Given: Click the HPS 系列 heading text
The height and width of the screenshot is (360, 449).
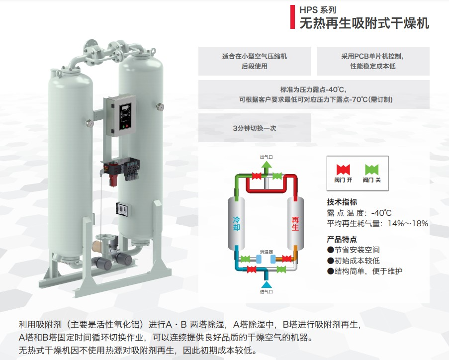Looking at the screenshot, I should [317, 9].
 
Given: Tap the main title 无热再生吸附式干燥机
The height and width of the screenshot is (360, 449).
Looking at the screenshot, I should [364, 23].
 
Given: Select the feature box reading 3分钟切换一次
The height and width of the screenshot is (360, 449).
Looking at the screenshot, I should [254, 128].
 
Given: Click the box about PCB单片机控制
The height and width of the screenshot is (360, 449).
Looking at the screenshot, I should [372, 61].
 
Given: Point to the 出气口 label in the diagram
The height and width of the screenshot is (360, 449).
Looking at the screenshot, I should [267, 157].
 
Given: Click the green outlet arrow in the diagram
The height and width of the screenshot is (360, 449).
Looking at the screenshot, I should [267, 166].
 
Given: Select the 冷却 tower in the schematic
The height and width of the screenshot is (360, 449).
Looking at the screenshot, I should [237, 223].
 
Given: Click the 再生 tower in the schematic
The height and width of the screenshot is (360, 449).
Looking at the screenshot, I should [295, 223].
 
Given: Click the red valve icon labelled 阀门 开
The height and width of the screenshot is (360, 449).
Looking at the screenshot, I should [343, 169].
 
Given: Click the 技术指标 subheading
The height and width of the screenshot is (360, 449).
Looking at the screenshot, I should [342, 202].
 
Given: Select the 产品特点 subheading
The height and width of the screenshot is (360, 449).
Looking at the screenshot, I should [342, 239].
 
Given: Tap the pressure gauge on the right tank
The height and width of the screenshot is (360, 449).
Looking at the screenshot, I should [162, 105].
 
